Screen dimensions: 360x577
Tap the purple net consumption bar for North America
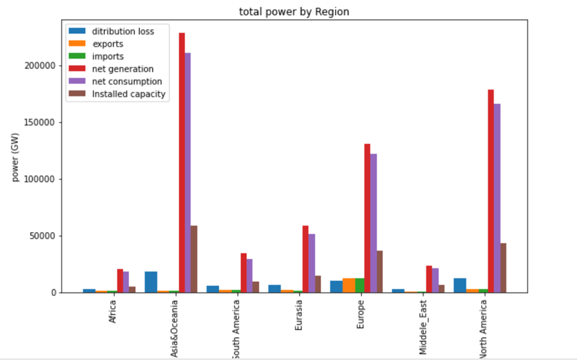(497, 198)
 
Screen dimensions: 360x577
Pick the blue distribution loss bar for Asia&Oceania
(151, 282)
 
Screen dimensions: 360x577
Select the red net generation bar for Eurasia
(305, 259)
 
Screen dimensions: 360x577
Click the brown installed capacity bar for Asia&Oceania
(194, 259)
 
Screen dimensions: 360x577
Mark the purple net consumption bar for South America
(250, 275)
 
